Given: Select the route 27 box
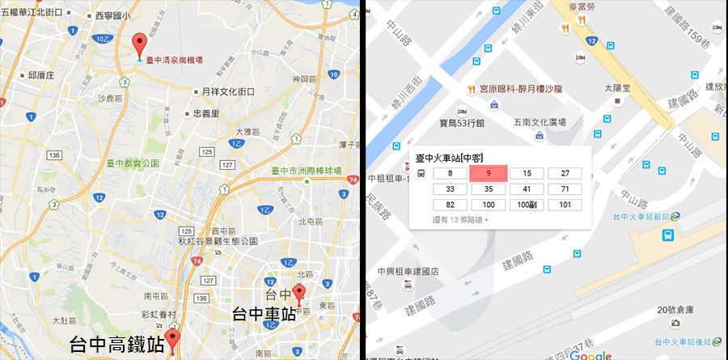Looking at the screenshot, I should (x=565, y=173).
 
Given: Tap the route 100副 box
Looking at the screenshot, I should (x=527, y=205).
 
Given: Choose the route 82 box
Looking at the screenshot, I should (x=450, y=205).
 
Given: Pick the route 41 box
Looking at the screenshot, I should (x=527, y=189).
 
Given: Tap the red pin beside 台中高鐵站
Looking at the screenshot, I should (x=171, y=340).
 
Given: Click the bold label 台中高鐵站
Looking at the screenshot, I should (x=117, y=343).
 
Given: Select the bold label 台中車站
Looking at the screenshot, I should (x=264, y=313).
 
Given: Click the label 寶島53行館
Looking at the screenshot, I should (x=462, y=123).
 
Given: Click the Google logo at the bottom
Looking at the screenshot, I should (x=590, y=354).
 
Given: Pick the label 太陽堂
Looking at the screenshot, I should (x=618, y=87).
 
